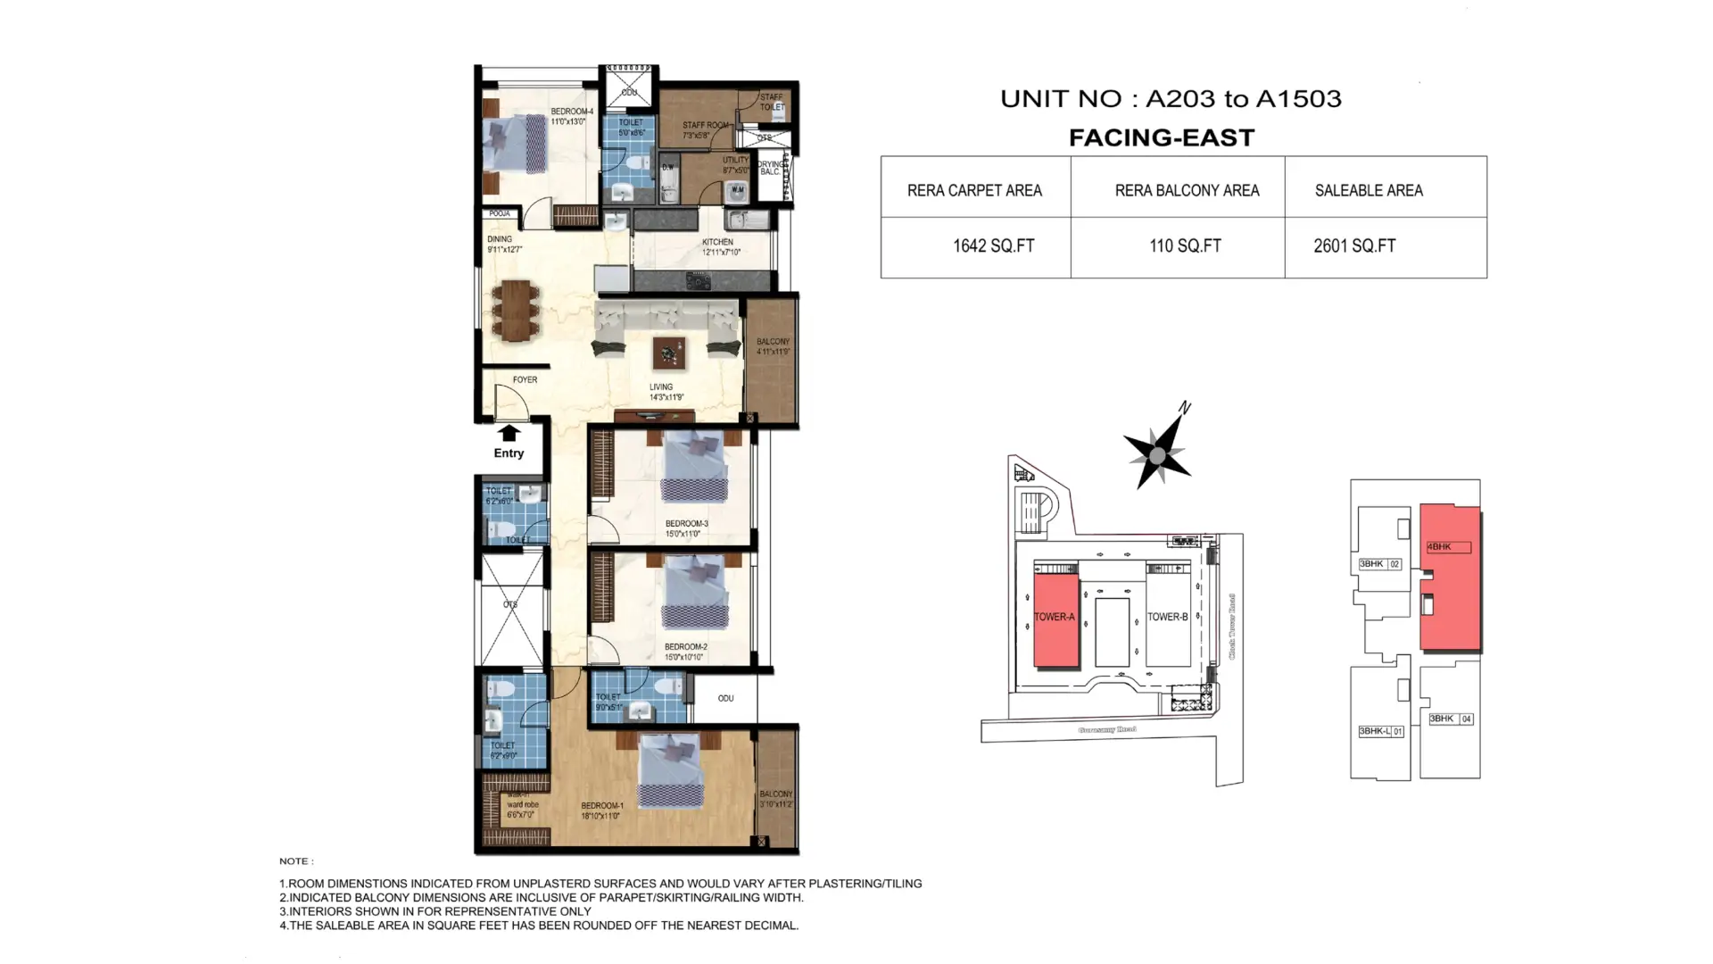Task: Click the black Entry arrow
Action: tap(509, 434)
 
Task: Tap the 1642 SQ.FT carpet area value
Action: tap(993, 246)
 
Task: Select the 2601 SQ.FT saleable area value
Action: tap(1353, 246)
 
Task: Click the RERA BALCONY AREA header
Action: tap(1186, 190)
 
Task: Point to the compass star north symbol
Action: tap(1157, 455)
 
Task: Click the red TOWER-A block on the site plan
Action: tap(1055, 619)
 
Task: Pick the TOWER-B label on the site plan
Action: tap(1167, 617)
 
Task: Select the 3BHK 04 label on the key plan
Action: tap(1450, 719)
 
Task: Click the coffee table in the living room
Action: tap(668, 353)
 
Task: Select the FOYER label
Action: tap(525, 379)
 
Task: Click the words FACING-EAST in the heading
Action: tap(1161, 137)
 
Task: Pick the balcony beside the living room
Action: tap(771, 361)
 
